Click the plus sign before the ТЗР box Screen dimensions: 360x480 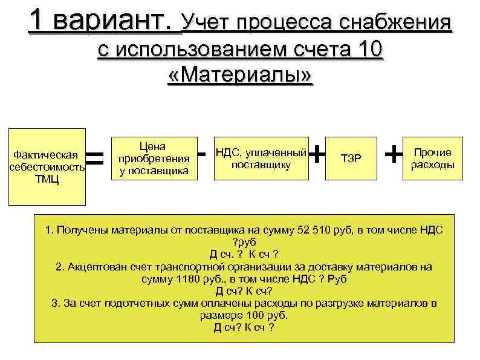pyautogui.click(x=316, y=154)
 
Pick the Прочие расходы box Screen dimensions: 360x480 pyautogui.click(x=432, y=159)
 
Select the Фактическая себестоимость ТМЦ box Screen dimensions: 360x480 pyautogui.click(x=47, y=166)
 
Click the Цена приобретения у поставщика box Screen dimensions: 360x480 pyautogui.click(x=154, y=159)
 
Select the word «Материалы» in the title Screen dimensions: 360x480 pyautogui.click(x=239, y=76)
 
